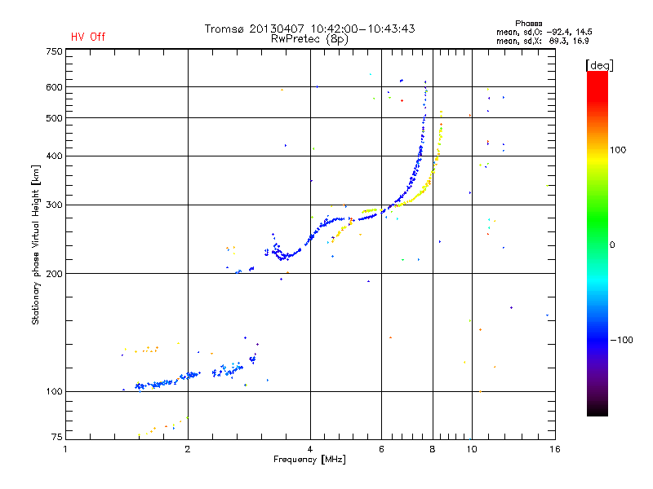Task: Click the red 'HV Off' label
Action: click(87, 37)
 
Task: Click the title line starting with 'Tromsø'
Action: click(309, 29)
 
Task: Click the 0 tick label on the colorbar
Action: click(613, 244)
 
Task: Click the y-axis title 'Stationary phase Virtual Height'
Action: click(36, 244)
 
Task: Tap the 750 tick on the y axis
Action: click(54, 51)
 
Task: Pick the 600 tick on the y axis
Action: click(54, 87)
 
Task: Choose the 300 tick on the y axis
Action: click(54, 205)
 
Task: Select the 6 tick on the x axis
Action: click(382, 449)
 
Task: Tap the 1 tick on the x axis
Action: click(66, 449)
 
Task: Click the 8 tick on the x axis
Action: click(433, 449)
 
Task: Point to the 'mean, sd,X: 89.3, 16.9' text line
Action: click(542, 39)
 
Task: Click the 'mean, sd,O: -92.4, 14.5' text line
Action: click(542, 31)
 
